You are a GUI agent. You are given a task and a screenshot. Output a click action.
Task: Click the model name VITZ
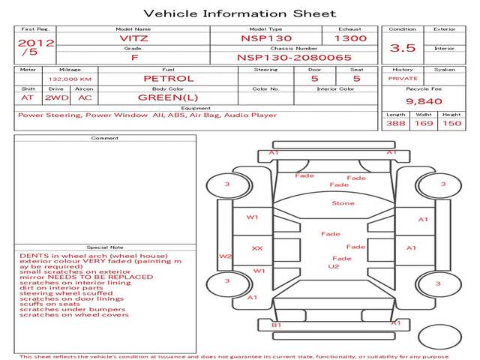(133, 38)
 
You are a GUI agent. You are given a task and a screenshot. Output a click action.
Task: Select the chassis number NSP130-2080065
(294, 58)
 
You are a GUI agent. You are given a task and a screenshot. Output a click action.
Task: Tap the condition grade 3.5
(403, 48)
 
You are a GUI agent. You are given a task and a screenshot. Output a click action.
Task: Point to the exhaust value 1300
(350, 38)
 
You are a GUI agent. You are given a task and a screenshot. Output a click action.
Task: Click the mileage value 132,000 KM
(70, 79)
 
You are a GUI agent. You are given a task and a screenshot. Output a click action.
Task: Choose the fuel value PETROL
(169, 79)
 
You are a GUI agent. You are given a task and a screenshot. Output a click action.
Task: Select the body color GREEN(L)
(168, 97)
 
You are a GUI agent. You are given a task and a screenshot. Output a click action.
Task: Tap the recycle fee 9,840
(424, 101)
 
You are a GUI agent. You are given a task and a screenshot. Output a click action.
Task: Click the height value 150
(451, 123)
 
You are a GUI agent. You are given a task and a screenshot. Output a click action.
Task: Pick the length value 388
(395, 123)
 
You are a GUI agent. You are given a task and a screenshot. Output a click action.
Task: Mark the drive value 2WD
(57, 97)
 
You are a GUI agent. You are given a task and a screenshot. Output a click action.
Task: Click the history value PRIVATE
(403, 79)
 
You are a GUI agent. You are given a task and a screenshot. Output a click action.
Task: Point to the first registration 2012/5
(36, 47)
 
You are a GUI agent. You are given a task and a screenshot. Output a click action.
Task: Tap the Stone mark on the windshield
(343, 203)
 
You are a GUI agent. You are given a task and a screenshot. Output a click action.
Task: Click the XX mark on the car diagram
(257, 248)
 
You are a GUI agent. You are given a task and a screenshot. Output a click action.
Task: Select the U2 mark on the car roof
(333, 267)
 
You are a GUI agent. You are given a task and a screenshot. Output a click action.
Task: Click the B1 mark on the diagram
(277, 325)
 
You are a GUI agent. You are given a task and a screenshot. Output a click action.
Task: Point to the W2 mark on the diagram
(225, 256)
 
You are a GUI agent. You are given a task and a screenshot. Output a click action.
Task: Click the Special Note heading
(105, 247)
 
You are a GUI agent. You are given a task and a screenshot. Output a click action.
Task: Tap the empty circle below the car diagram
(439, 325)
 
